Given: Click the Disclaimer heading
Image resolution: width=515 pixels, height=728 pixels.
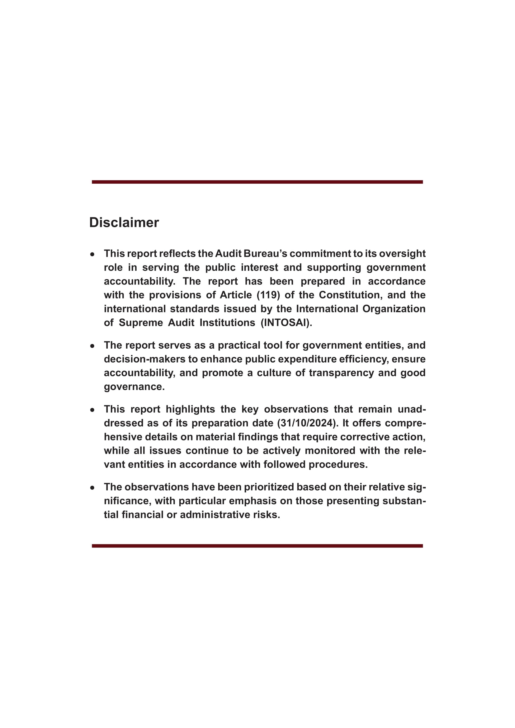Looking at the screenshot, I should pos(124,223).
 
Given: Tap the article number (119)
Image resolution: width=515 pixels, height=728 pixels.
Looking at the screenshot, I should pos(268,295).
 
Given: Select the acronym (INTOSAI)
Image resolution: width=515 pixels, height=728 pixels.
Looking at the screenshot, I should pos(286,323).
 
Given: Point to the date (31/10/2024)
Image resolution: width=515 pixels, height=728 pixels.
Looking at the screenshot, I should pos(306,423).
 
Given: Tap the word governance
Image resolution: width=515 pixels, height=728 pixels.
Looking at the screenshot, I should pos(134,387).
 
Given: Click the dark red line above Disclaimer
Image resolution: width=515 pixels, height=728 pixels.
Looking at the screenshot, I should pos(257,182).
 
